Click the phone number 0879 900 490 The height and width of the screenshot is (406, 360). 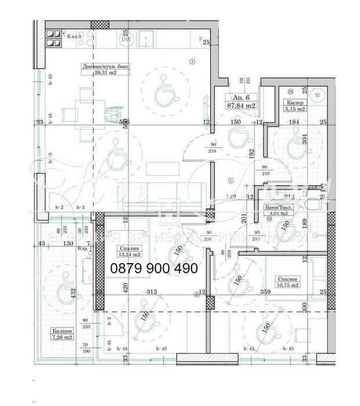[154, 268]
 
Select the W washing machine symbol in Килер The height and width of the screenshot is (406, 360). [318, 94]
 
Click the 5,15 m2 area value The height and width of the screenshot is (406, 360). [294, 108]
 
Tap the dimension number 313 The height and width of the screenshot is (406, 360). [153, 292]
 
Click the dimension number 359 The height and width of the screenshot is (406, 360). [266, 292]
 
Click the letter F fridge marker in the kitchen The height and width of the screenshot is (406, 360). [200, 39]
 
